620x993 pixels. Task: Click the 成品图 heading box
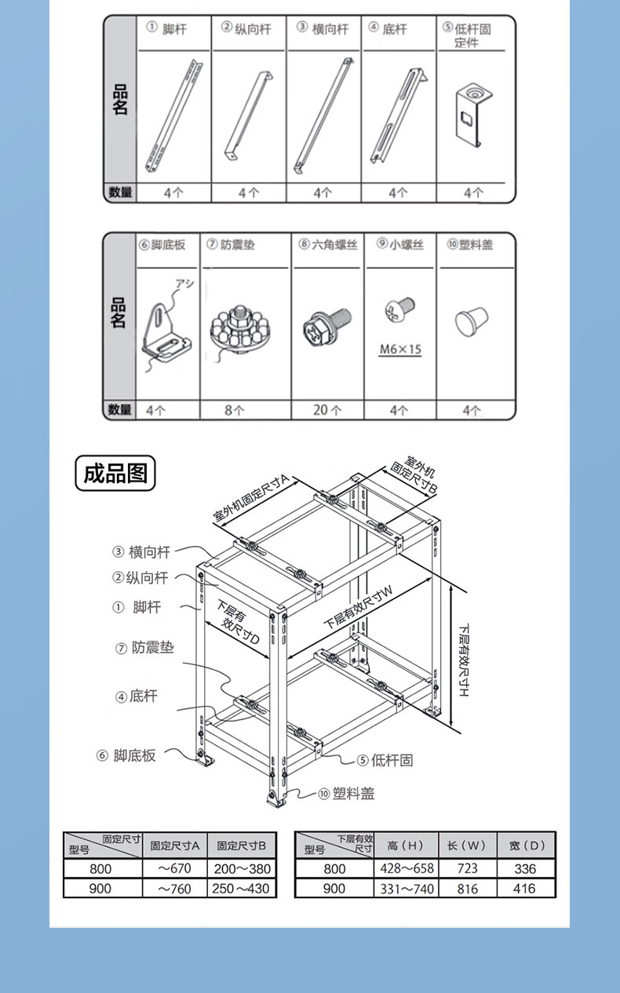coord(115,474)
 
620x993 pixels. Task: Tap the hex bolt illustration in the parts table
coord(326,326)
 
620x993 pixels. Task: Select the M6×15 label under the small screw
coord(399,350)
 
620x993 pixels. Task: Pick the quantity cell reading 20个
coord(327,409)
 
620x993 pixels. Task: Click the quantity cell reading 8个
coord(234,409)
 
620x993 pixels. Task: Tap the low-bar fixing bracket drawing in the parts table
coord(472,113)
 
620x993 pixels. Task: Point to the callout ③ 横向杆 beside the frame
coord(141,552)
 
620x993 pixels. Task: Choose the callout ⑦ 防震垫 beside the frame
coord(144,648)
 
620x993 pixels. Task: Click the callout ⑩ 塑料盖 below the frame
coord(346,794)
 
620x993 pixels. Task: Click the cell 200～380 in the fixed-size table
coord(243,868)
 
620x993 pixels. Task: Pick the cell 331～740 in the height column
coord(405,889)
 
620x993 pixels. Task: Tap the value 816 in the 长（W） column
coord(467,889)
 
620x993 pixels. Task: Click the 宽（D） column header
coord(526,845)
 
